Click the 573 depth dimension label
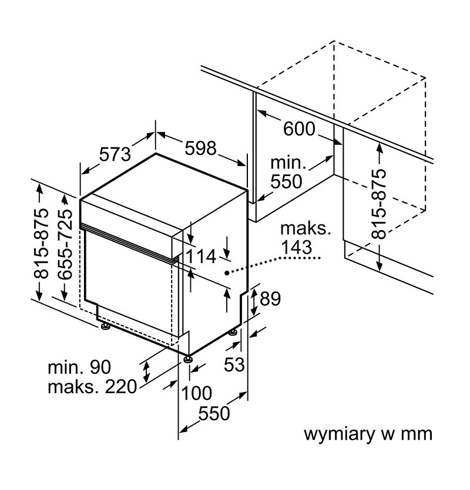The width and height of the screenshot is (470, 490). click(115, 154)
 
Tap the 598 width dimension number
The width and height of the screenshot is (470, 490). click(200, 148)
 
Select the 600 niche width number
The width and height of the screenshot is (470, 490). click(299, 129)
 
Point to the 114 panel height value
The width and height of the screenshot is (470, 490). click(201, 256)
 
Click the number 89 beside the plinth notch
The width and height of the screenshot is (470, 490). click(270, 299)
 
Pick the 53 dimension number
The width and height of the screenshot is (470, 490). click(234, 364)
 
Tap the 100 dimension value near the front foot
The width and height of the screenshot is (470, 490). click(196, 393)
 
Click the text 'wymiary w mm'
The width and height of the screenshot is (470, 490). click(368, 434)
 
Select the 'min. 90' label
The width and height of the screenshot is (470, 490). click(79, 367)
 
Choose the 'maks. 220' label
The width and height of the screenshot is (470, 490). click(92, 387)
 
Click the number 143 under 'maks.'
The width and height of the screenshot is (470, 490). click(296, 247)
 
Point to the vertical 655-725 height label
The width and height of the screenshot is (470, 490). click(65, 244)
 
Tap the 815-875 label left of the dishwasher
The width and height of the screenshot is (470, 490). click(41, 243)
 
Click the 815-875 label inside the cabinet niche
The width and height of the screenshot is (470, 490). click(378, 204)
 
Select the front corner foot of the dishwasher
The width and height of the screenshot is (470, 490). click(188, 359)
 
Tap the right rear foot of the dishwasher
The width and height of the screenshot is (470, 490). click(233, 333)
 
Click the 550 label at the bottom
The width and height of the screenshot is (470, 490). click(214, 413)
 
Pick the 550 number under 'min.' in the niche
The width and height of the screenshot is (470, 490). click(286, 181)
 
